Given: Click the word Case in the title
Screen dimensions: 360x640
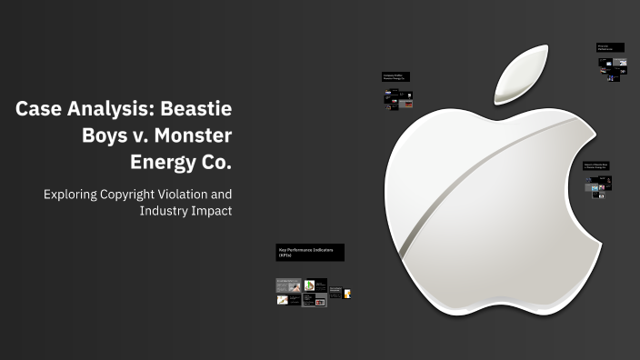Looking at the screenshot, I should [x=41, y=110].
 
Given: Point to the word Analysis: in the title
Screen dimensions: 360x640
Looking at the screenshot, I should [x=111, y=110].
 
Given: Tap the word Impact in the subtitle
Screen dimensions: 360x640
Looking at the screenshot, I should [x=213, y=211].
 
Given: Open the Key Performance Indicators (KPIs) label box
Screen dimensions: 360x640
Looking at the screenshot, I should [x=309, y=253].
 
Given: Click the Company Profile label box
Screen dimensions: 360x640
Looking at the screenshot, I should [x=396, y=78].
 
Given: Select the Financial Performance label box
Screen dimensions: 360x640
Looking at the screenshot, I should [x=610, y=46].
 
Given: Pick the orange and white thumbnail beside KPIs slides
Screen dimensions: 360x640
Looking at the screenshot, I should [x=346, y=293].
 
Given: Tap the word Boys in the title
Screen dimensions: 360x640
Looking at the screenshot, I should [x=106, y=137].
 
